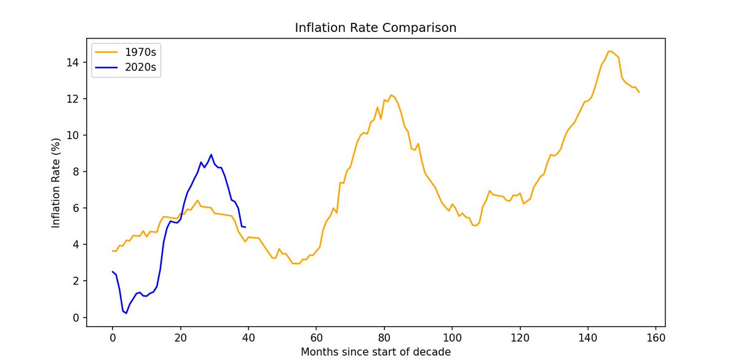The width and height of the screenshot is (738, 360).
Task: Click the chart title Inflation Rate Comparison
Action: point(375,28)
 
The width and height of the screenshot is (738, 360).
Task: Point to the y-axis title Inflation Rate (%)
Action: point(56,183)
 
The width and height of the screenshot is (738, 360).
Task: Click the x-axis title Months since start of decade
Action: point(375,352)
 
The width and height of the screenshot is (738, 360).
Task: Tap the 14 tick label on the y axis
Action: point(72,63)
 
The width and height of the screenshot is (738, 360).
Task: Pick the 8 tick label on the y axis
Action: point(75,172)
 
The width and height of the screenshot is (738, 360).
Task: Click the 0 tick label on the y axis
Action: point(75,318)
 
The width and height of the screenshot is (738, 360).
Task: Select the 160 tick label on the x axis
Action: point(656,337)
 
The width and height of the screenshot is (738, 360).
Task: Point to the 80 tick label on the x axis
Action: point(384,337)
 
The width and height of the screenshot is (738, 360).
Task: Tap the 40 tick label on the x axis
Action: point(248,337)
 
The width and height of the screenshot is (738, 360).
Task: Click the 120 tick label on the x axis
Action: point(520,337)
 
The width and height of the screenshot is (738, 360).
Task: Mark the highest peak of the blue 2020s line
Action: point(211,154)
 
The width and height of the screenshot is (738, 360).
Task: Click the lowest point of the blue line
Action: point(126,313)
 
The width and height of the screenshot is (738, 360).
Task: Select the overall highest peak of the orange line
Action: point(609,51)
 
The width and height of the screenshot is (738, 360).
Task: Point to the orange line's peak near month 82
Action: point(391,95)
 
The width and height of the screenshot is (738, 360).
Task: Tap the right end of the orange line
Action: point(640,92)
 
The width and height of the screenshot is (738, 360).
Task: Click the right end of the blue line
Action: point(245,227)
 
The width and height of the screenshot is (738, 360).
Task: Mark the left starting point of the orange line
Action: point(113,251)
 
